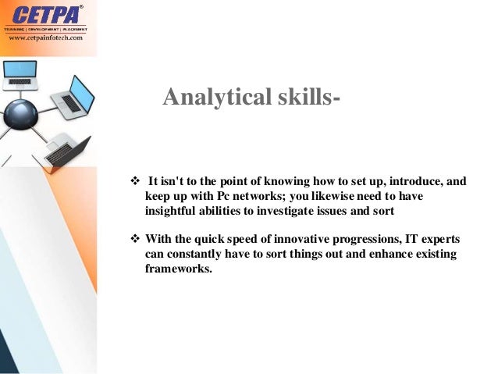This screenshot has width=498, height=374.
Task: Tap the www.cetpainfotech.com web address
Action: click(44, 39)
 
